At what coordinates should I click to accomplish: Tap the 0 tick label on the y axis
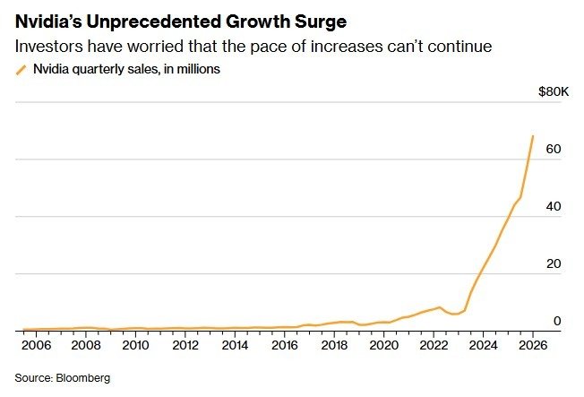click(x=557, y=321)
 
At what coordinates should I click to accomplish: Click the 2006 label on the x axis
click(x=37, y=345)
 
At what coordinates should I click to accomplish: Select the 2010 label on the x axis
click(x=135, y=345)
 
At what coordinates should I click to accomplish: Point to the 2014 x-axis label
click(x=235, y=345)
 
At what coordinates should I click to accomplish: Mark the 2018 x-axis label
click(x=334, y=345)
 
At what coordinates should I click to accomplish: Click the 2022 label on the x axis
click(x=434, y=345)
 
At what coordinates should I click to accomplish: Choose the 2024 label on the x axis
click(x=483, y=345)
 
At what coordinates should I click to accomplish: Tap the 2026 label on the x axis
click(x=532, y=345)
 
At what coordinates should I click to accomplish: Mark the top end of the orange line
click(x=534, y=136)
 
